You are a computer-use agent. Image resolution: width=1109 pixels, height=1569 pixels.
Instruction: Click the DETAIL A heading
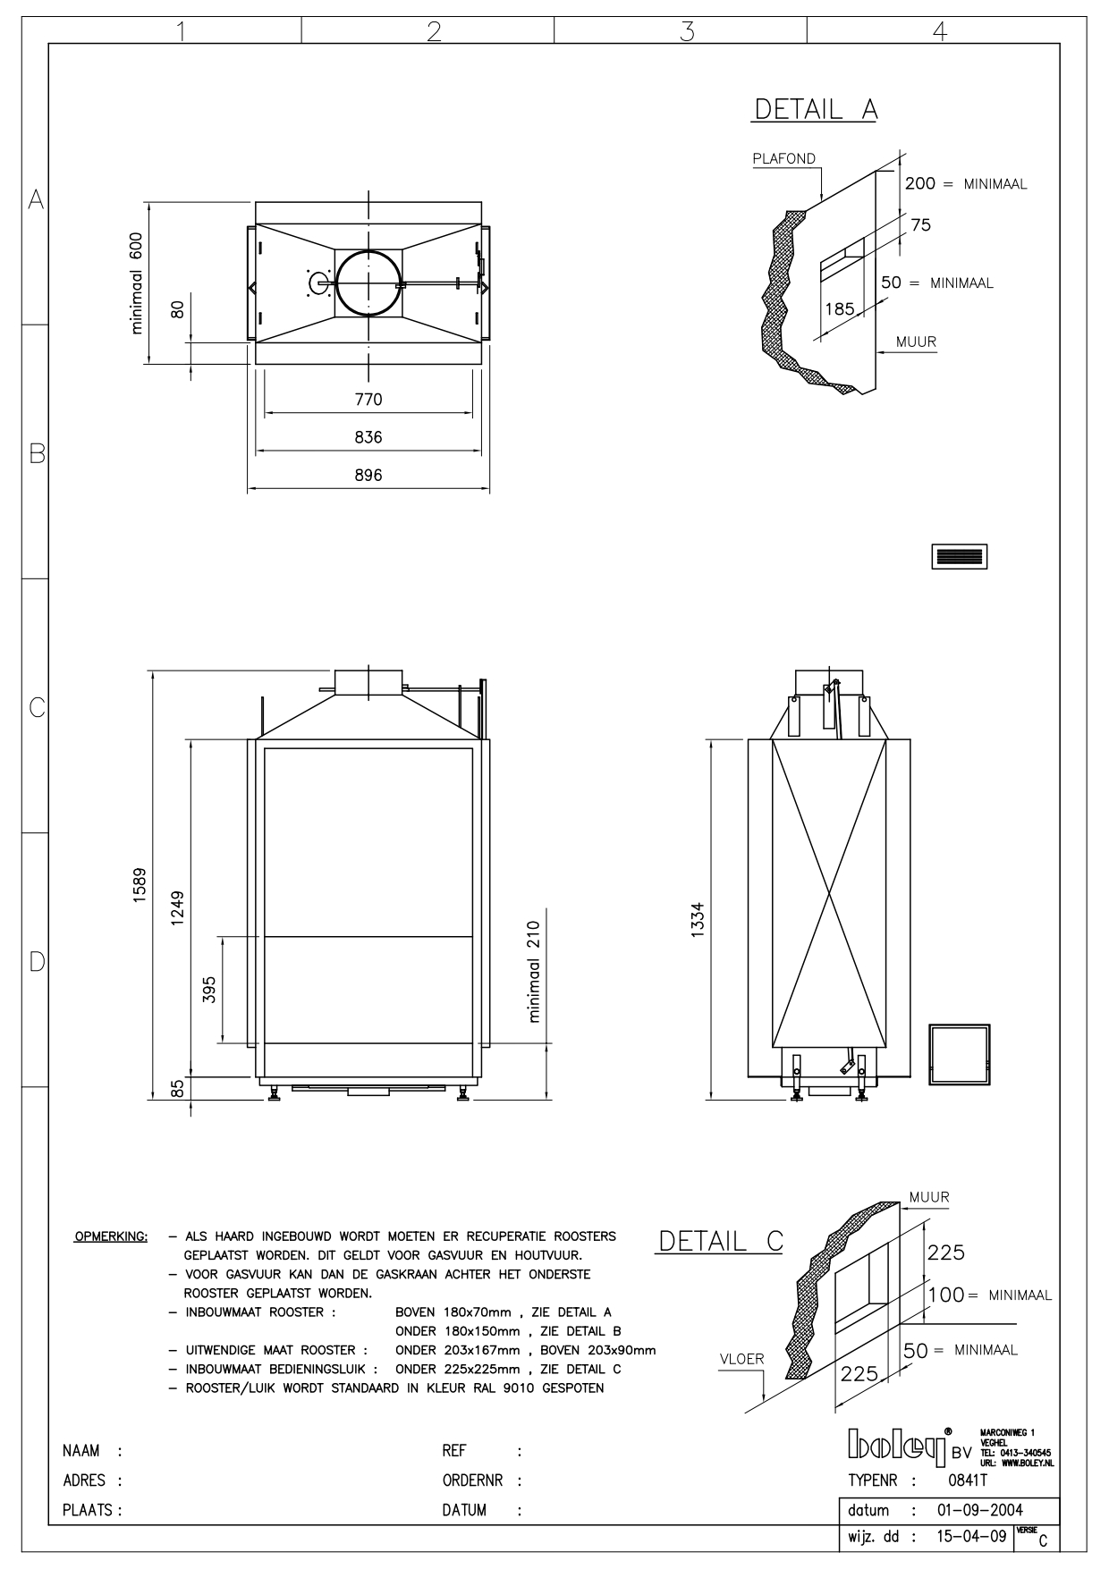[816, 109]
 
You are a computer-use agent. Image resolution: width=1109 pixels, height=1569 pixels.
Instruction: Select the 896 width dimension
[368, 476]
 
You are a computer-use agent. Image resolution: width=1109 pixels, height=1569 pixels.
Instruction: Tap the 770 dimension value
[368, 400]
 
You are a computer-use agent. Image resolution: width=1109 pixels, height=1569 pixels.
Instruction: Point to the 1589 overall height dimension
[140, 885]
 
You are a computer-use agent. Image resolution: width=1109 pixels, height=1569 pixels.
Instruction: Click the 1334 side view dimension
[698, 919]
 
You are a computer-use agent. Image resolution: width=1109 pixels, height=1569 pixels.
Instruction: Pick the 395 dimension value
[209, 990]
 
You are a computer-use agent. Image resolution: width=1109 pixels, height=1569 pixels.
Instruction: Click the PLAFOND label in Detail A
[783, 159]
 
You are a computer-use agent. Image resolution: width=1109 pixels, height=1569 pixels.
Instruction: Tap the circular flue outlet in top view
[368, 283]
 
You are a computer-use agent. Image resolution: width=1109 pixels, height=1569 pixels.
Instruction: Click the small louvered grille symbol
[959, 556]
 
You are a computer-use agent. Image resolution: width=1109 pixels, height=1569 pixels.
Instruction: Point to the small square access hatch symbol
[960, 1055]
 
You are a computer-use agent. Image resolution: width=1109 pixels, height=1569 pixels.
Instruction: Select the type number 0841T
[967, 1480]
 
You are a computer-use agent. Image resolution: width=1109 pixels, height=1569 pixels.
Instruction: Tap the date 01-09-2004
[979, 1511]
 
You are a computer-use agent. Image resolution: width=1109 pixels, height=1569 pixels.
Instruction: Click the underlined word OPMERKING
[111, 1237]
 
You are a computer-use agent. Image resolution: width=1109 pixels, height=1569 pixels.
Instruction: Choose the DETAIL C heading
[721, 1241]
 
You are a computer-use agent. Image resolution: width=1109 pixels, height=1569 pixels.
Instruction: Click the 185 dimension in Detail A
[839, 309]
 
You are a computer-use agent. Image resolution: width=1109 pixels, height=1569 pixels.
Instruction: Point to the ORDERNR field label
[475, 1480]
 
